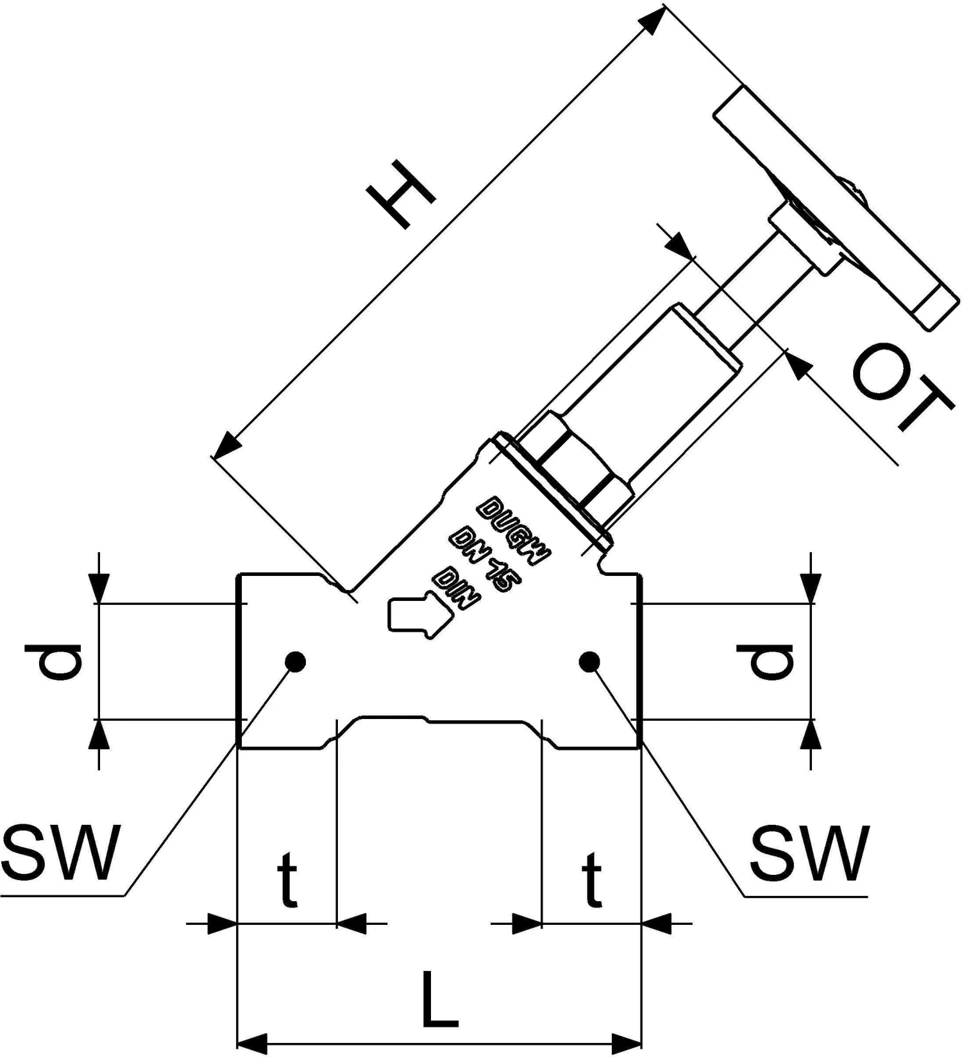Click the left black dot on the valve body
[x=295, y=661]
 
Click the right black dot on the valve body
[x=589, y=661]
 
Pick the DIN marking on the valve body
[x=457, y=587]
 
